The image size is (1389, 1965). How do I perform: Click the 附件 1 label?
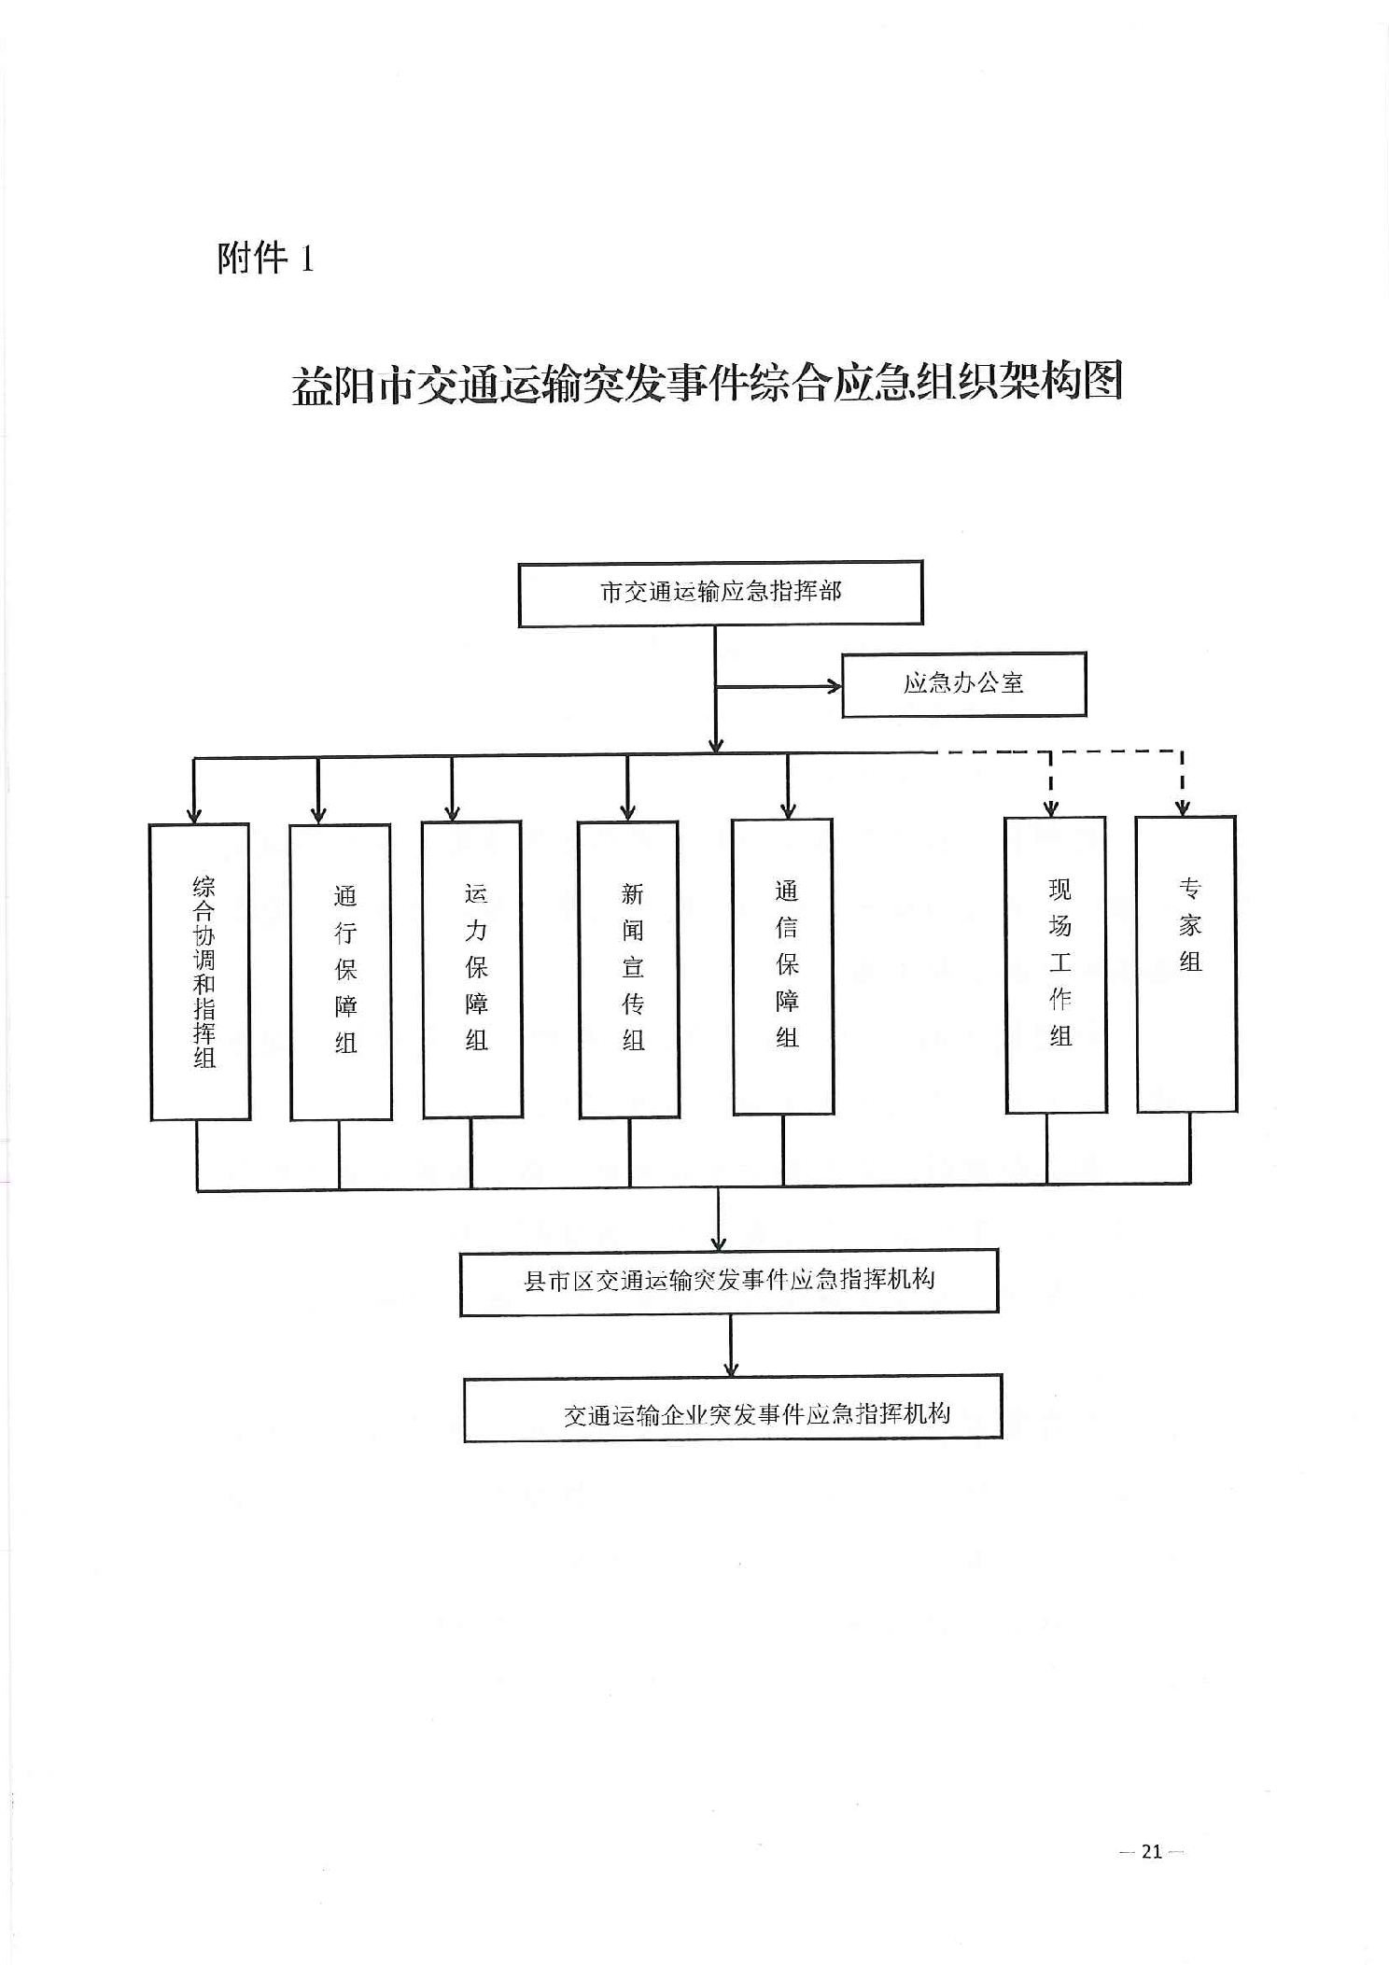265,259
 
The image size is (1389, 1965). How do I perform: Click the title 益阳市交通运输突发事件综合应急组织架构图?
707,383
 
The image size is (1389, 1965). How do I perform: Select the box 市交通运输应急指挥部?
721,594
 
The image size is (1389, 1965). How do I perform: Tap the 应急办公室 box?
963,684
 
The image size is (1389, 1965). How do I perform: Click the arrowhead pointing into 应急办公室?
834,687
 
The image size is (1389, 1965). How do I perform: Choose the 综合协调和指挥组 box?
201,971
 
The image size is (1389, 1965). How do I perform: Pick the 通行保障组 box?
341,971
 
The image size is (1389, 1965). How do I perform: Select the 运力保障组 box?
472,969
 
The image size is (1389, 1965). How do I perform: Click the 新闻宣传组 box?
629,969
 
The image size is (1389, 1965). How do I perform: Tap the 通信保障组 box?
783,966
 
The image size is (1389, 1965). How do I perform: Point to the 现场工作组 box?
1056,964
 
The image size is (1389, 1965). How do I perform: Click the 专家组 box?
1186,963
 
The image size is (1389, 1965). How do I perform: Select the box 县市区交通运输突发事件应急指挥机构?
729,1281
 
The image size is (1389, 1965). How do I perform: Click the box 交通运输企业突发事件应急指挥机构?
733,1409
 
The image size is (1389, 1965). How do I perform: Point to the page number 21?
1152,1851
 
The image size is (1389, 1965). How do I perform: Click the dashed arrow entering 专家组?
1183,807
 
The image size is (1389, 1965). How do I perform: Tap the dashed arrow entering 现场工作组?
1051,807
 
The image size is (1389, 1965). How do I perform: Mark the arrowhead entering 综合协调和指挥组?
193,815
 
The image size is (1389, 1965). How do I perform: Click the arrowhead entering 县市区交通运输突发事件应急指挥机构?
718,1242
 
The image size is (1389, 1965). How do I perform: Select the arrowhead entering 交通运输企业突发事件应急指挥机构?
731,1368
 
